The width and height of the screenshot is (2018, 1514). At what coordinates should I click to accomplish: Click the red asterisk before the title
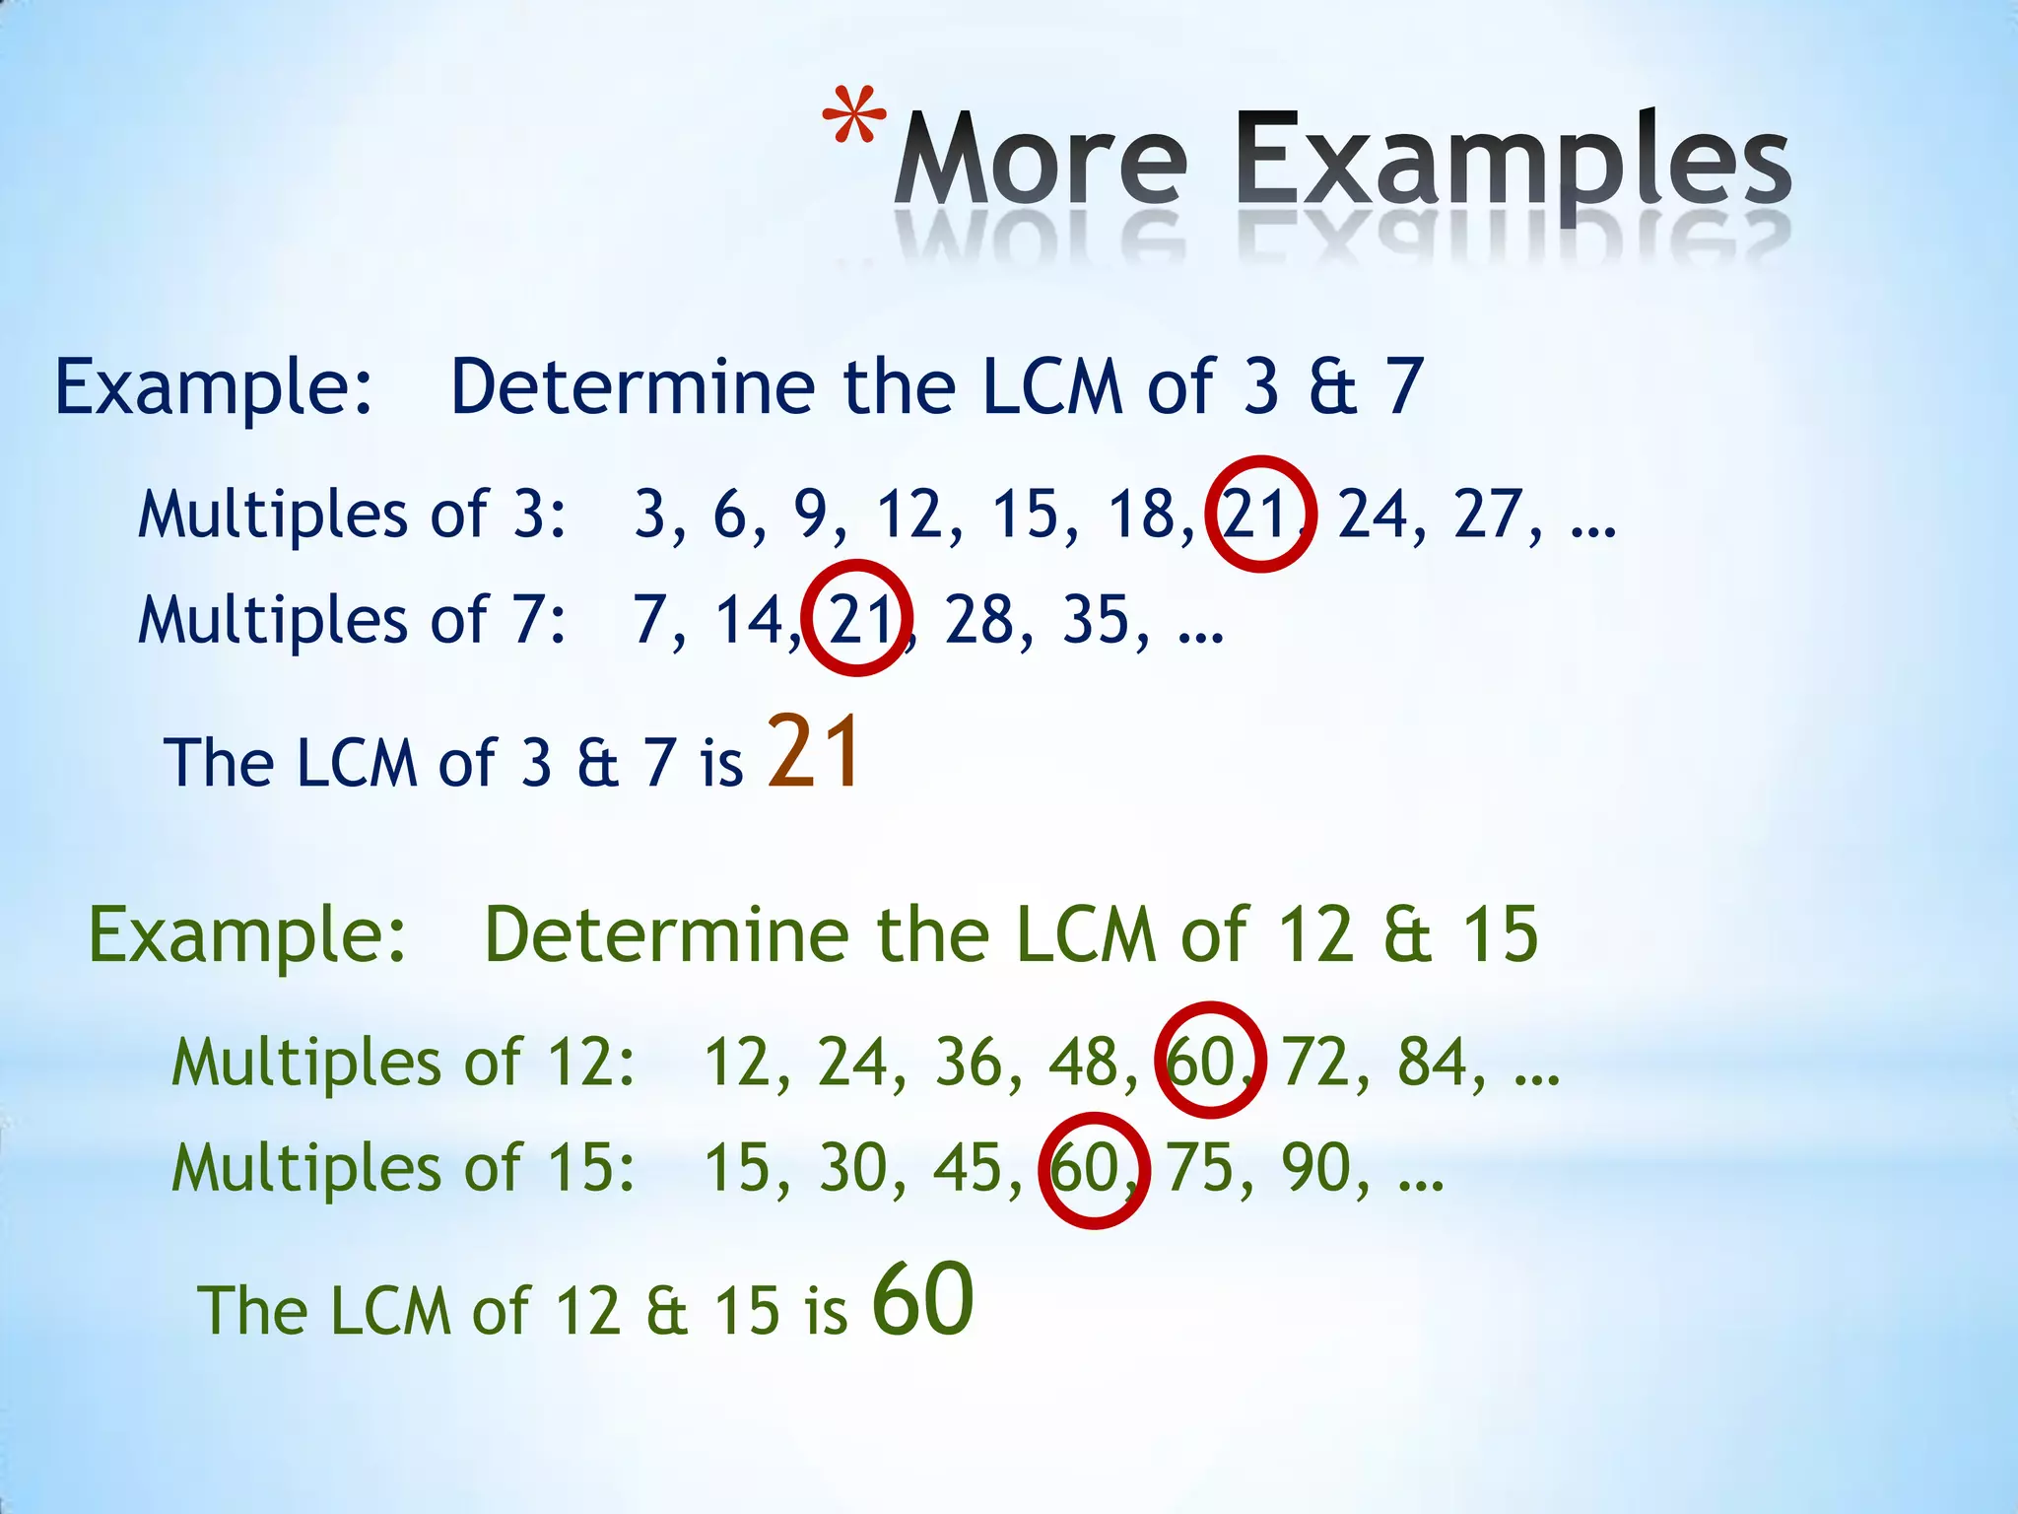pyautogui.click(x=853, y=117)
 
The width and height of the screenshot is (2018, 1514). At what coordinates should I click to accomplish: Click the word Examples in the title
pyautogui.click(x=1512, y=160)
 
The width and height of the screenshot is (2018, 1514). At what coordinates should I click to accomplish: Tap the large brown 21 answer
pyautogui.click(x=815, y=753)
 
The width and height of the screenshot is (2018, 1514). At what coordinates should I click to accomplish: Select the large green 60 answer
pyautogui.click(x=923, y=1299)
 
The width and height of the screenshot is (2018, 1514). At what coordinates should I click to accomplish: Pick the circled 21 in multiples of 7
pyautogui.click(x=857, y=620)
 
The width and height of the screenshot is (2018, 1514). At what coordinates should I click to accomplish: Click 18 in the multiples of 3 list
pyautogui.click(x=1143, y=515)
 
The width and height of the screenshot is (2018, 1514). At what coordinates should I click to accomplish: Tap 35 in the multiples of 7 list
pyautogui.click(x=1095, y=621)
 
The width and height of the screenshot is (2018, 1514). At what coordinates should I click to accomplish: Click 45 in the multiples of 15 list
pyautogui.click(x=969, y=1169)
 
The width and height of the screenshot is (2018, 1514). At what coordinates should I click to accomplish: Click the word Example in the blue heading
pyautogui.click(x=213, y=388)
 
